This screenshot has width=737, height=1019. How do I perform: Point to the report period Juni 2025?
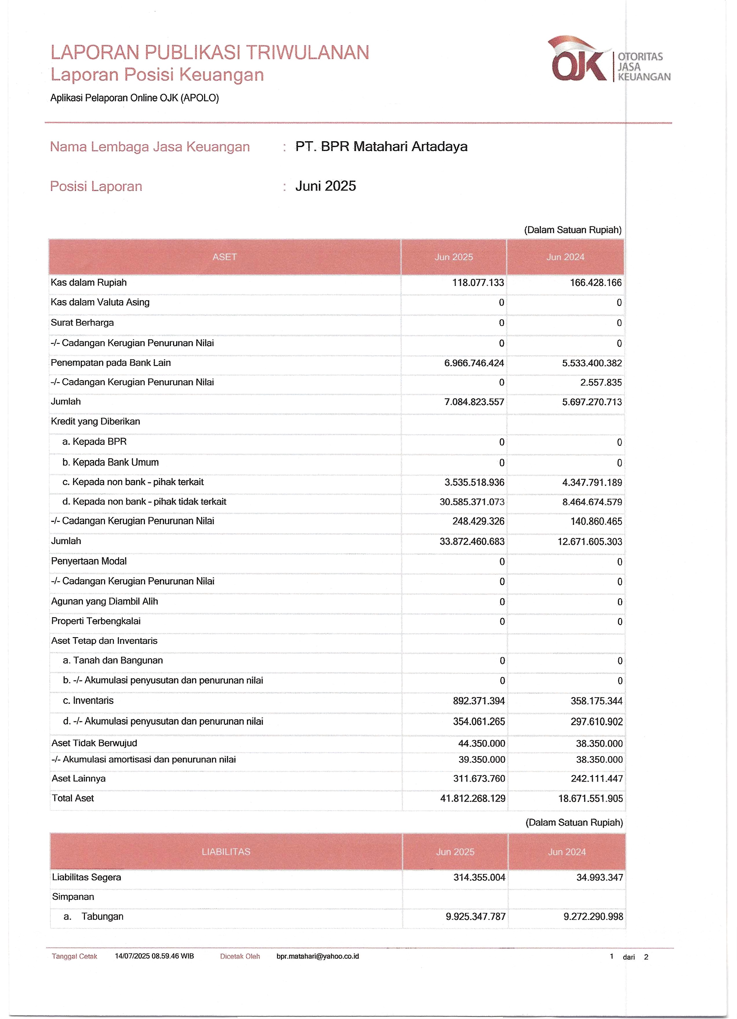325,186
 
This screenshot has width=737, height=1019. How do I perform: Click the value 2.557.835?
601,382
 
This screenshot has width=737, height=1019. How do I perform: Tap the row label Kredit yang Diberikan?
95,421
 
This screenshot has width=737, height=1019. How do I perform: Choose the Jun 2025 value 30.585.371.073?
472,502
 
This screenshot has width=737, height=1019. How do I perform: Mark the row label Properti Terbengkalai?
96,621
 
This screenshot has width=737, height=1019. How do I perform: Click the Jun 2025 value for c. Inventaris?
479,701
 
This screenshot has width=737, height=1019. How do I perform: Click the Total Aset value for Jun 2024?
590,798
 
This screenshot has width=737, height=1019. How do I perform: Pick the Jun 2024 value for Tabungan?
593,917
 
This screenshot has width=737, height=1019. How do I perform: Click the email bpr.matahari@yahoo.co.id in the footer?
318,956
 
